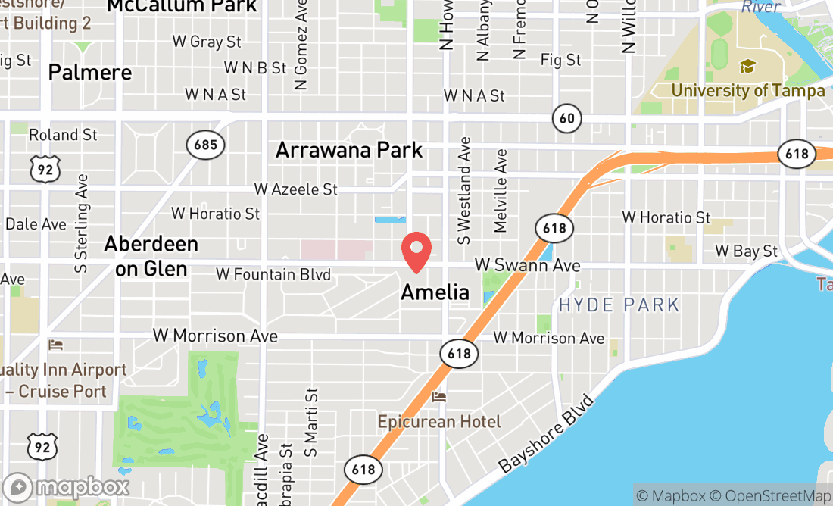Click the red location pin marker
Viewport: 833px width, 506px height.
point(416,252)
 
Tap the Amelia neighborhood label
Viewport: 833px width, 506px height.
point(435,292)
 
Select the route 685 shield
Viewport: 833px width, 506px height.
point(206,145)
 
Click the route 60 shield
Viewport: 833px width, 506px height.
point(567,117)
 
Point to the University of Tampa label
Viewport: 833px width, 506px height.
point(747,91)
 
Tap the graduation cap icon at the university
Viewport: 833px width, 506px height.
point(747,67)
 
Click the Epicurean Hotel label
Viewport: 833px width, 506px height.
point(439,421)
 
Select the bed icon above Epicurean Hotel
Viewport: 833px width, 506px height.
point(438,398)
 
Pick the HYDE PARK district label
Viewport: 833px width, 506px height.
point(619,305)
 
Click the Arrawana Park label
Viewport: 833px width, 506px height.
point(349,149)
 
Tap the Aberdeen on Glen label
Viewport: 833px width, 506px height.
point(151,255)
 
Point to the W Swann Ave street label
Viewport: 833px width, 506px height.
point(527,265)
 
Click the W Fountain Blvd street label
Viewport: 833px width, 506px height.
point(273,274)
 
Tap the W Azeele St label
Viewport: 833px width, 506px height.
point(295,189)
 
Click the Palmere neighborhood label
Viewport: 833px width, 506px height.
point(89,73)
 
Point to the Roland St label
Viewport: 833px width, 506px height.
point(63,135)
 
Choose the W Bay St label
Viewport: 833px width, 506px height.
point(746,251)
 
